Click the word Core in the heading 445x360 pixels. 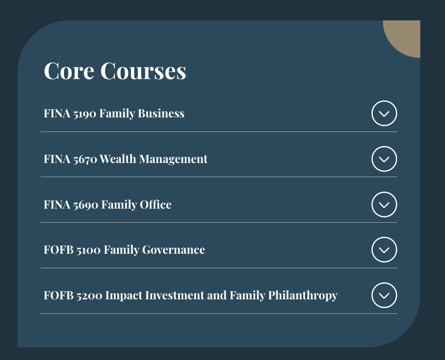click(x=69, y=71)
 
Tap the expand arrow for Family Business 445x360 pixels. click(x=384, y=113)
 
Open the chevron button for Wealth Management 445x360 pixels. click(x=384, y=159)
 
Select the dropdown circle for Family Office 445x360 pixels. click(x=384, y=204)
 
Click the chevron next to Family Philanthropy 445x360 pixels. click(x=384, y=295)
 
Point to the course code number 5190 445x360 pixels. click(x=84, y=114)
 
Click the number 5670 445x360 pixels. click(x=84, y=159)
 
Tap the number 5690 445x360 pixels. click(x=86, y=205)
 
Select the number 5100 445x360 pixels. click(x=88, y=250)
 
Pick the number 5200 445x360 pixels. click(x=89, y=295)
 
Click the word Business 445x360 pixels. click(x=161, y=114)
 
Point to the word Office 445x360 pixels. click(x=156, y=205)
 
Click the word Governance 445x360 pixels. click(x=174, y=250)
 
